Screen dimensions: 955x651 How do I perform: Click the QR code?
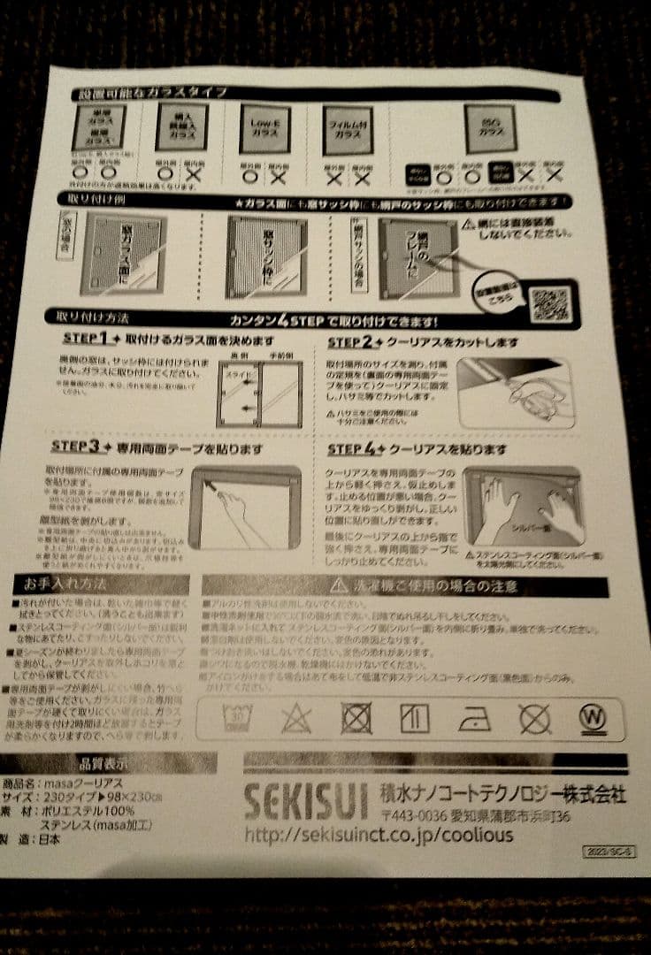550,304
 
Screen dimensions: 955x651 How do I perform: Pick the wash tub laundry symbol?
236,717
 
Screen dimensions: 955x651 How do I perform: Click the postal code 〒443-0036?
421,814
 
